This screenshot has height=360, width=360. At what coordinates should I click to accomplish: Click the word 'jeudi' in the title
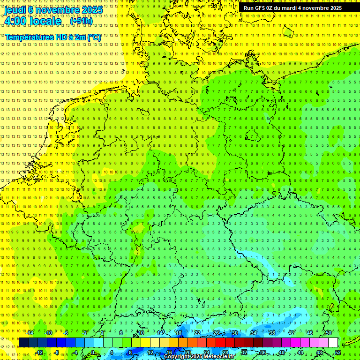15,10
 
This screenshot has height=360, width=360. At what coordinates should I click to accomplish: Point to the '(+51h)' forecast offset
81,21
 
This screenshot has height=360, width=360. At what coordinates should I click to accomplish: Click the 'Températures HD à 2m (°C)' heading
52,37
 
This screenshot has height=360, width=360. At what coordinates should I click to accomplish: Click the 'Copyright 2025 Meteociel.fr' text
199,357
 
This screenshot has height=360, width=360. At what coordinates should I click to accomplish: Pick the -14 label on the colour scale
31,333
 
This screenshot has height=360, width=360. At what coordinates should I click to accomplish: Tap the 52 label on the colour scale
337,352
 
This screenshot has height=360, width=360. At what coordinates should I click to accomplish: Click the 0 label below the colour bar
93,352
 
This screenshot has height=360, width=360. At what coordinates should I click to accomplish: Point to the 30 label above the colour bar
235,333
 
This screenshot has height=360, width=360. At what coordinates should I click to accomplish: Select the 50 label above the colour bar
329,333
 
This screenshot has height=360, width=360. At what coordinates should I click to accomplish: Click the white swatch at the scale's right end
333,343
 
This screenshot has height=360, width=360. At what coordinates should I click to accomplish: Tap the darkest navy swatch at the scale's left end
23,343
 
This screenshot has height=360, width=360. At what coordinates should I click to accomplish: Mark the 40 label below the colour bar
281,352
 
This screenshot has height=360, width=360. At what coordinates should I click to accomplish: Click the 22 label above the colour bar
197,333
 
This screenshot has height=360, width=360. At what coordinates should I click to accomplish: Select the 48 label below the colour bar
319,352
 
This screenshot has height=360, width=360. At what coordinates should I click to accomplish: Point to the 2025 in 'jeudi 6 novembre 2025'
92,10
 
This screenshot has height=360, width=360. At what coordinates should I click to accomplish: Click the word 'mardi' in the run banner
292,8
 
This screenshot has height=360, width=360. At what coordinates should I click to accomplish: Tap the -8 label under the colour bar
57,352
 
